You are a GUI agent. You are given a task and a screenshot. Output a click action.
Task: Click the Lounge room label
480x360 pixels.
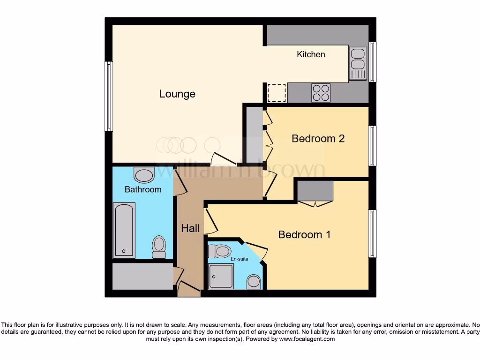point(177,94)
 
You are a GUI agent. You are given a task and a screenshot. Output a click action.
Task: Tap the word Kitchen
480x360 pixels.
point(311,54)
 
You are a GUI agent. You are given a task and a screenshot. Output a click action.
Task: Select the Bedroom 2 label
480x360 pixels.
point(318,139)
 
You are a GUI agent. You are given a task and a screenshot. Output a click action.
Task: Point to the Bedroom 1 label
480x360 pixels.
point(304,234)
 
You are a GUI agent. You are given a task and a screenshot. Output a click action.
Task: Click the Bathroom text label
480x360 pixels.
point(143,189)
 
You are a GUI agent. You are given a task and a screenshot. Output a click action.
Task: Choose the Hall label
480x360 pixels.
point(190,229)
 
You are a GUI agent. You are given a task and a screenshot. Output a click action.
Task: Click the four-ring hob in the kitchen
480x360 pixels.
point(321,93)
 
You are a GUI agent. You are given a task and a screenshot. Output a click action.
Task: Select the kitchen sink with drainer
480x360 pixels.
point(358,63)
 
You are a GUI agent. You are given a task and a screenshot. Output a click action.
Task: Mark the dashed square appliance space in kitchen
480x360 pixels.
point(276,92)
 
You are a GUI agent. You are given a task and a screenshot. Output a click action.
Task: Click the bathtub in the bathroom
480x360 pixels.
point(124,230)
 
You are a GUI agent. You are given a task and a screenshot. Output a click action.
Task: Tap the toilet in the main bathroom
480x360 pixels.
point(159,247)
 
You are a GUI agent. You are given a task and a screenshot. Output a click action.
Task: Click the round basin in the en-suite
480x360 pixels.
point(254,282)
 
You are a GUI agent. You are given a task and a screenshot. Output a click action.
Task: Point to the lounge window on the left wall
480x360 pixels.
point(109,96)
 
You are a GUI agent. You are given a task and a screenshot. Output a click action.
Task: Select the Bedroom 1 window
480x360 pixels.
point(372,233)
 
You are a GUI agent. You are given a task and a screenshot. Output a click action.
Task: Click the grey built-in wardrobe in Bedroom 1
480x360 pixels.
point(315,191)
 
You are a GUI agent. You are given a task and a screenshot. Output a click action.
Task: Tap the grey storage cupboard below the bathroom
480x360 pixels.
point(142,276)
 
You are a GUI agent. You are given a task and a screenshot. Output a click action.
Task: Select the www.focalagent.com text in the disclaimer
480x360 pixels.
point(307,339)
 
